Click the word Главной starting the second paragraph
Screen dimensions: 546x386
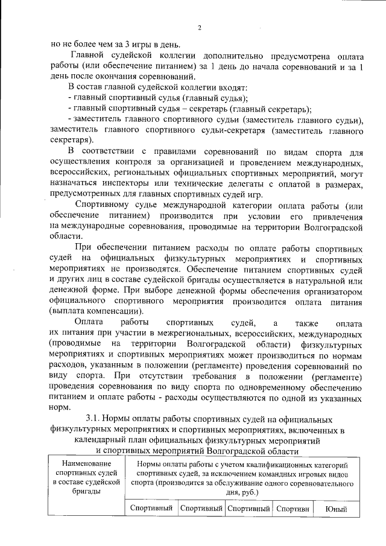[88, 56]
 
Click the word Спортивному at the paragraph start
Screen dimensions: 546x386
[107, 205]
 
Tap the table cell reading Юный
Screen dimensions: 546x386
[335, 509]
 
